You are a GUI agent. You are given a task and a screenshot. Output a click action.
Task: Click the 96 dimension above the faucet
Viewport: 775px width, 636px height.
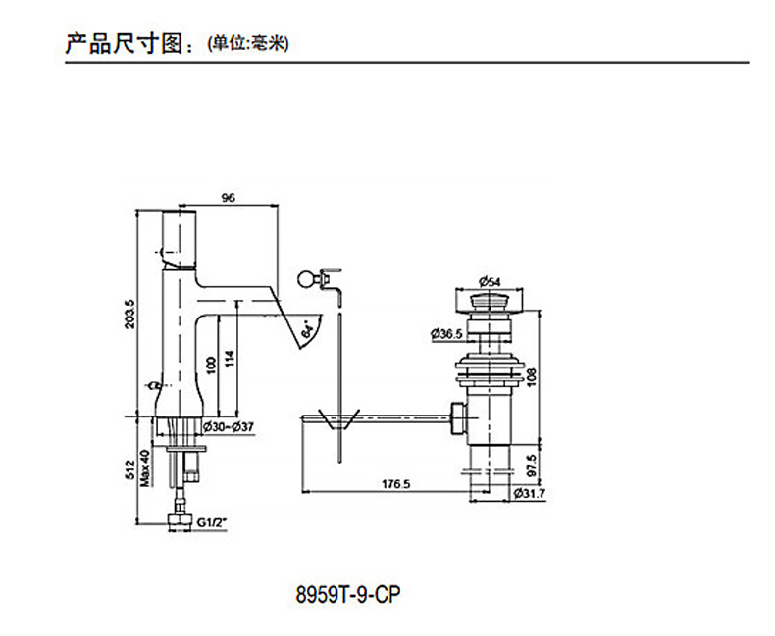229,197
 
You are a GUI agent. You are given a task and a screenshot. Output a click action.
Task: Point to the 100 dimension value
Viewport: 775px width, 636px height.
209,365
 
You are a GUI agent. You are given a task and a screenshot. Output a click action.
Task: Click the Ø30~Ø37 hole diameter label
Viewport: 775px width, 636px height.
228,426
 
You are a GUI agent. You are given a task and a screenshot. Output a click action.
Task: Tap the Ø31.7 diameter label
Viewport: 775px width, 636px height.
530,494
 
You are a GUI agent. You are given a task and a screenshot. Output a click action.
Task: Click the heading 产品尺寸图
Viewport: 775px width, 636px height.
129,43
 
